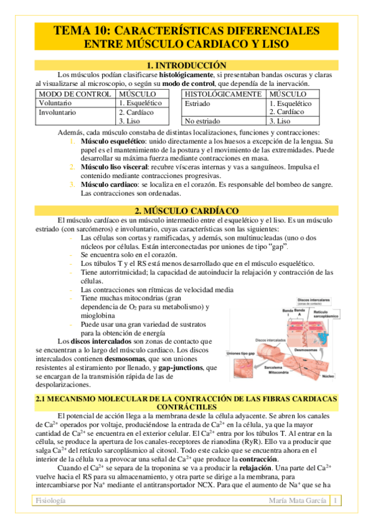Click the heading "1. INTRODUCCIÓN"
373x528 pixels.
[x=186, y=65]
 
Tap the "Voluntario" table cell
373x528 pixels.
[x=55, y=103]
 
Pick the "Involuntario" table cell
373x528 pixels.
[x=58, y=112]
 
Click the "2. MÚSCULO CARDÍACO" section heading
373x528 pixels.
[x=186, y=211]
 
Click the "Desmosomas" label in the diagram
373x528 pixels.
[x=308, y=351]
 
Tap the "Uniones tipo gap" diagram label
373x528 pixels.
[x=240, y=354]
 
